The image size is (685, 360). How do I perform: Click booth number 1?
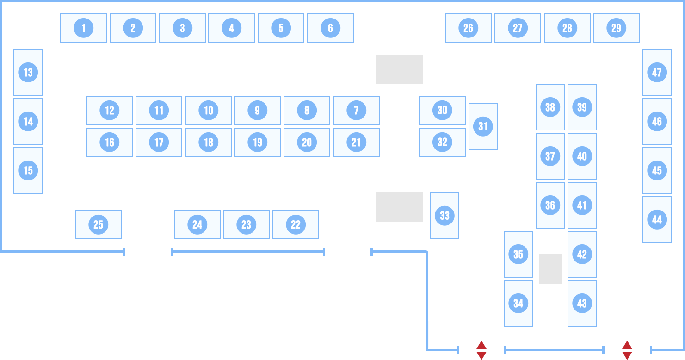(x=83, y=28)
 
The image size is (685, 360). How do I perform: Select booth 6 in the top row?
(x=330, y=28)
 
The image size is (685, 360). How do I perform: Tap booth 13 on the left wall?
(x=28, y=72)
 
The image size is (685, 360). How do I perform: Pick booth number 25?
(x=98, y=224)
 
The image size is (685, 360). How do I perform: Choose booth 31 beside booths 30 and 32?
(x=483, y=126)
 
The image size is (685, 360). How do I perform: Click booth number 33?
(x=444, y=216)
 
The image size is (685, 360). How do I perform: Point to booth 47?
(x=657, y=72)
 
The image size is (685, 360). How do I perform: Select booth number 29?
(x=616, y=28)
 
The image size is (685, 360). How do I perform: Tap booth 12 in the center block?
(x=109, y=110)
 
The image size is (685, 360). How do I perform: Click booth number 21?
(x=356, y=142)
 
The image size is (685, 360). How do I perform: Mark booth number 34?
(x=518, y=303)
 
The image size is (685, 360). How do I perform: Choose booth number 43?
(x=582, y=303)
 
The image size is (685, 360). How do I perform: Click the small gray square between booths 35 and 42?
(x=550, y=269)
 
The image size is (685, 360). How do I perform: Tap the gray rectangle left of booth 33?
(x=399, y=207)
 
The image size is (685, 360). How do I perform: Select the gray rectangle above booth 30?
(x=399, y=69)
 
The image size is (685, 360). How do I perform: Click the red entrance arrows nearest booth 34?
(x=481, y=350)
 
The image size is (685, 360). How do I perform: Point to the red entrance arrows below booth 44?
(x=627, y=350)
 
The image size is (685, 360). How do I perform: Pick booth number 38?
(x=550, y=107)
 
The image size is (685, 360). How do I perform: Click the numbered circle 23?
(x=246, y=224)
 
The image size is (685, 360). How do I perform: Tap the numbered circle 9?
(x=257, y=110)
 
